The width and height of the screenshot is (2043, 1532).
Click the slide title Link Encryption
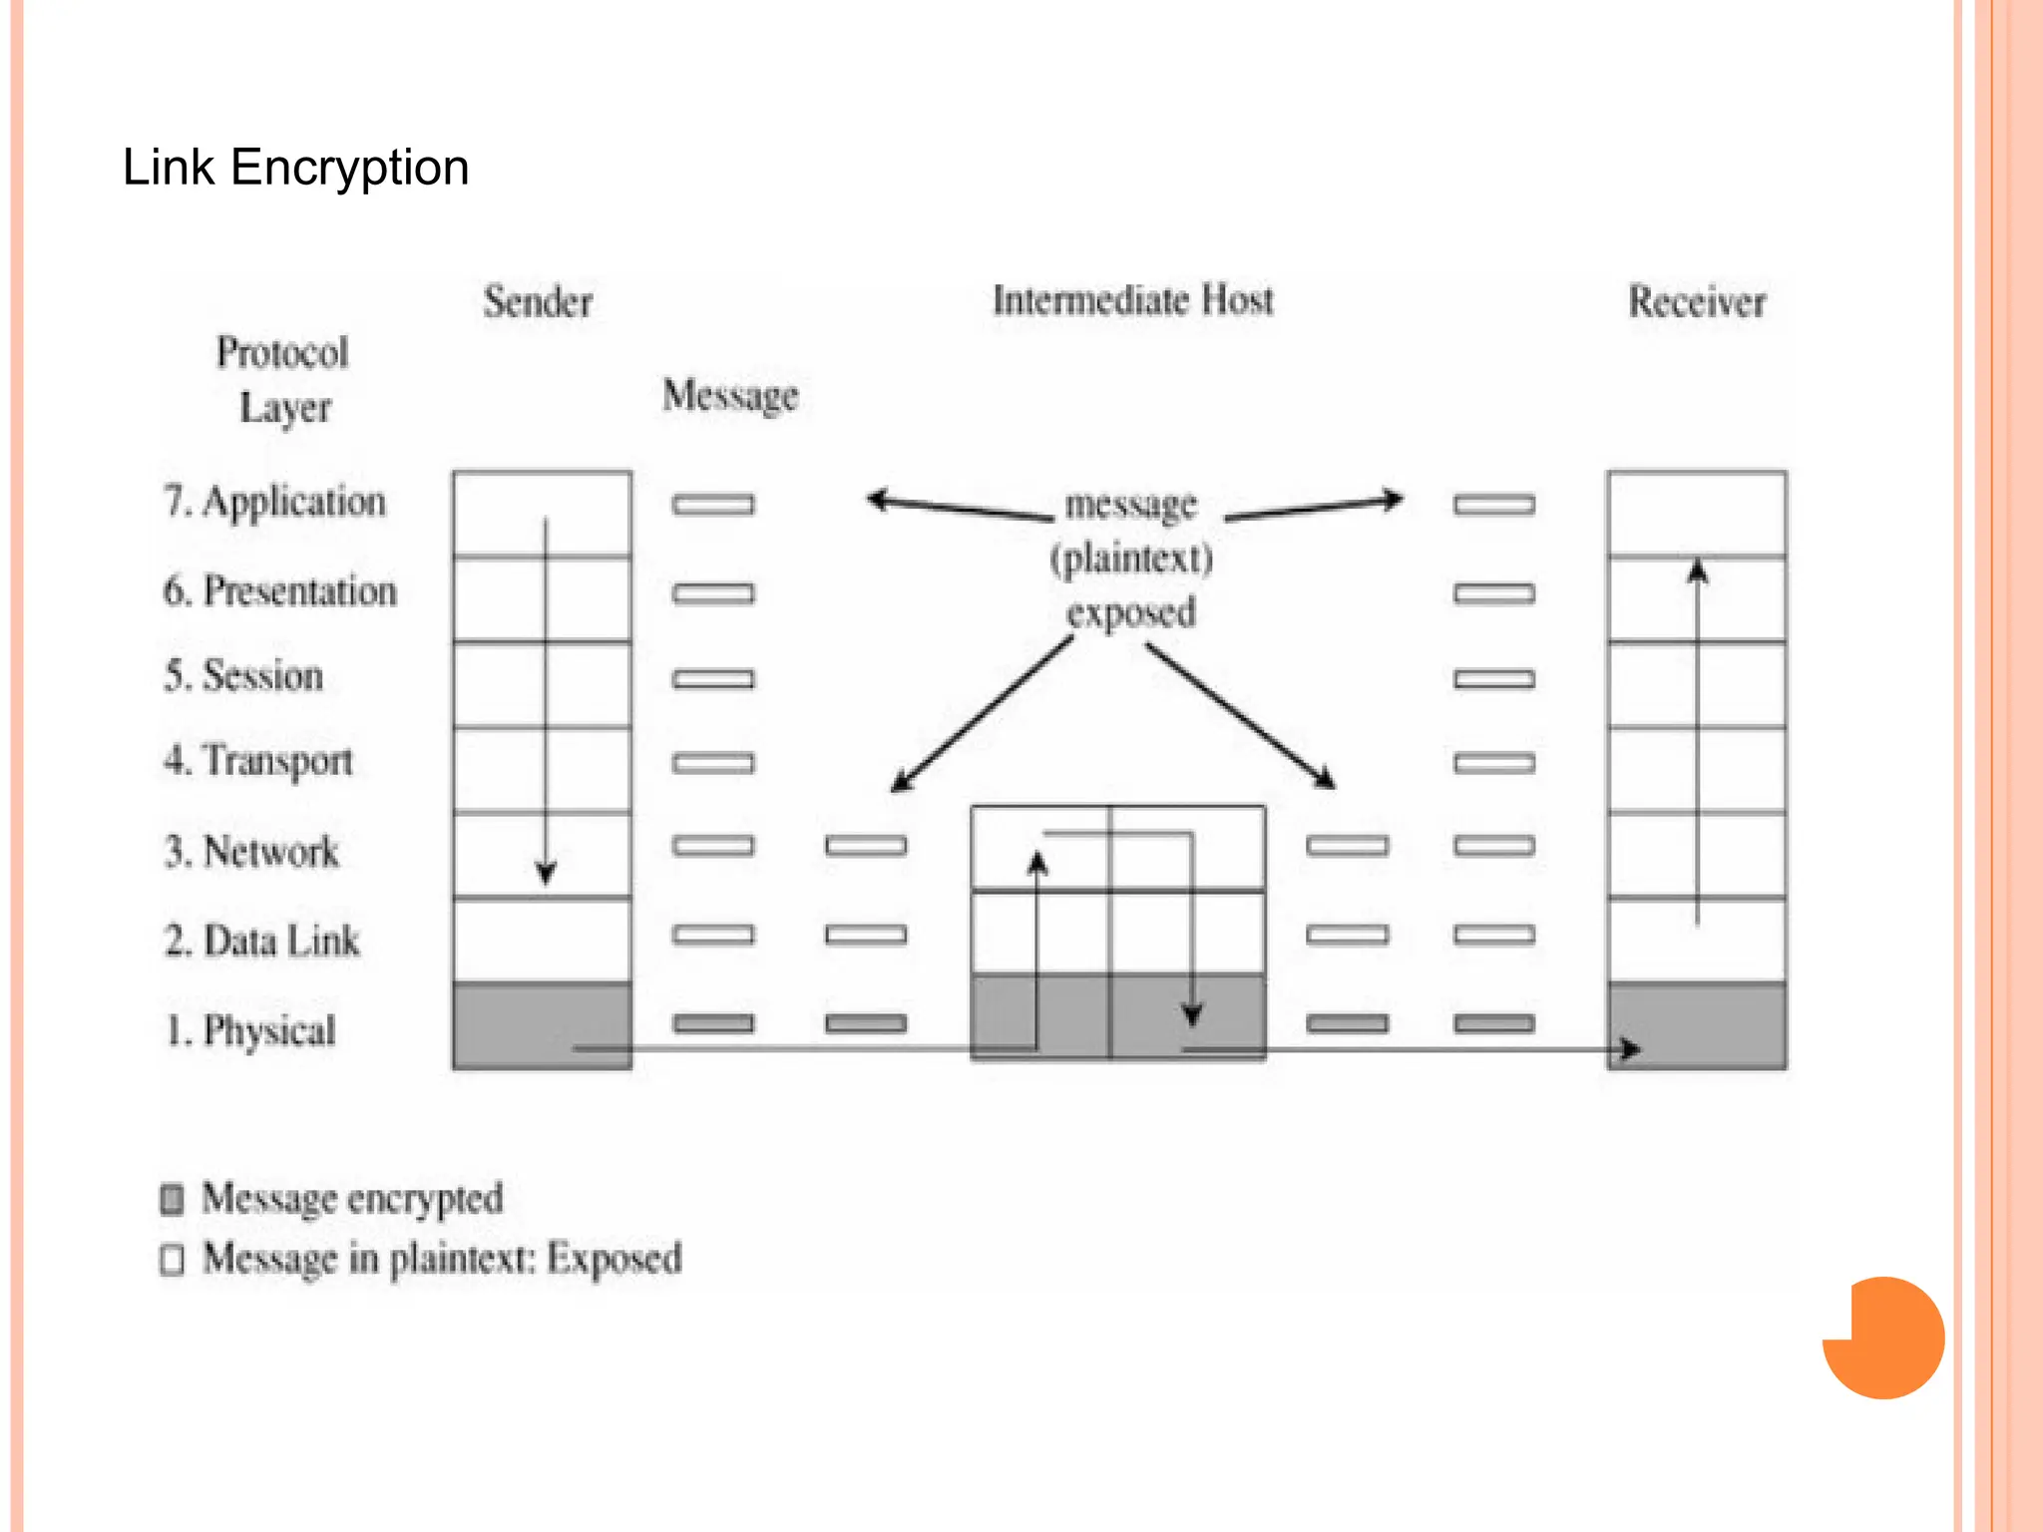click(x=295, y=167)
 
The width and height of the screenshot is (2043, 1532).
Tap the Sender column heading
click(x=538, y=301)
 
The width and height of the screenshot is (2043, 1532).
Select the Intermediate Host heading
click(x=1132, y=300)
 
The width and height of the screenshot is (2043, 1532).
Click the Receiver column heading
click(x=1696, y=301)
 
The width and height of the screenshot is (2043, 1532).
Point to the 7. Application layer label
click(x=275, y=502)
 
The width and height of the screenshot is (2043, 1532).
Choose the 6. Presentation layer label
click(x=280, y=591)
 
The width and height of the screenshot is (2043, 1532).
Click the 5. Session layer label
click(x=244, y=676)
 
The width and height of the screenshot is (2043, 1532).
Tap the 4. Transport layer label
click(x=258, y=761)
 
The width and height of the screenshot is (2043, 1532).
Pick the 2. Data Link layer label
click(x=262, y=941)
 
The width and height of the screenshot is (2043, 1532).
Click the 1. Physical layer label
click(x=250, y=1030)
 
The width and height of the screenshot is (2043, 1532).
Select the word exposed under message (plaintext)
click(x=1130, y=611)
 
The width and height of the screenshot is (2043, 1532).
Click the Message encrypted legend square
click(x=173, y=1199)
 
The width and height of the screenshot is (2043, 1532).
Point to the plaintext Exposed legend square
click(x=173, y=1259)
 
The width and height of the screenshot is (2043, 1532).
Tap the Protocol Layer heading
click(x=283, y=379)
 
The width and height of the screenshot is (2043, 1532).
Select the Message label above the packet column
click(x=730, y=395)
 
